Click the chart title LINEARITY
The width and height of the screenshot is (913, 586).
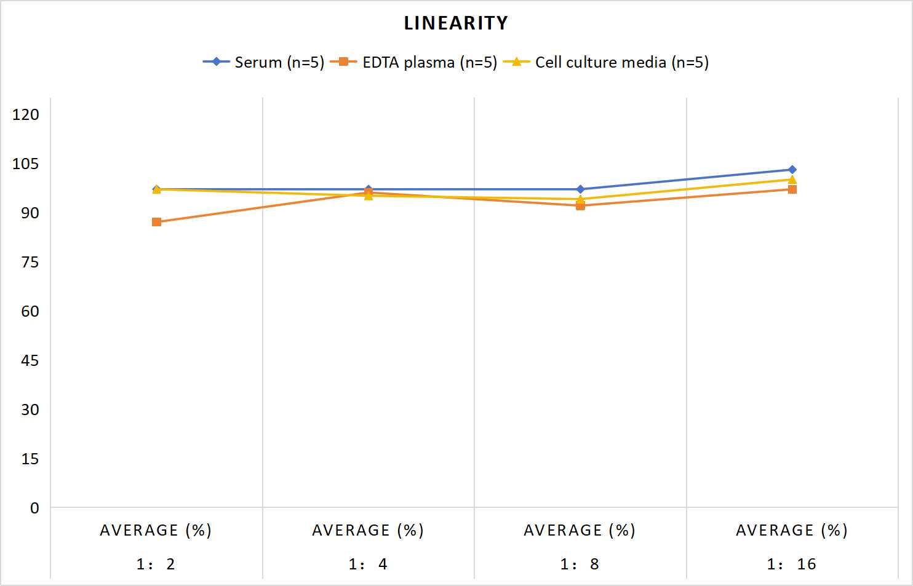[456, 23]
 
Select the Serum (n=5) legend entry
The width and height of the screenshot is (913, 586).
[263, 62]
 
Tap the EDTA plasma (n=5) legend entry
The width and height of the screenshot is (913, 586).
[413, 62]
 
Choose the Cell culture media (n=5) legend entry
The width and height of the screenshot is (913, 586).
[606, 62]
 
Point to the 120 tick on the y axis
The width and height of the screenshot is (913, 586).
[26, 114]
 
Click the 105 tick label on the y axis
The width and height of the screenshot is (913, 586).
[26, 164]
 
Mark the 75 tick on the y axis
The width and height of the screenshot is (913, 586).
[30, 262]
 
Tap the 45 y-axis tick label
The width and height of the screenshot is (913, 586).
[30, 361]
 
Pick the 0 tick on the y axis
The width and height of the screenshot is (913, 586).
[34, 508]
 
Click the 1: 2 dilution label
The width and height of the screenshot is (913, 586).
[156, 564]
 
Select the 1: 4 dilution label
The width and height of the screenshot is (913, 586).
[368, 564]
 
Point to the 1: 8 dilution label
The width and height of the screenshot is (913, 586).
[580, 564]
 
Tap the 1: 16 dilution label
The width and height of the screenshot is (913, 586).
[792, 564]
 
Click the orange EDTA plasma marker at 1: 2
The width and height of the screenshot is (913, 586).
[156, 222]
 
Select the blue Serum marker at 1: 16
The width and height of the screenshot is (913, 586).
[792, 170]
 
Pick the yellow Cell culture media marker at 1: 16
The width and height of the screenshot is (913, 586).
[792, 180]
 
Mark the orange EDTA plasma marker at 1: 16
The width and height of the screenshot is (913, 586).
[792, 189]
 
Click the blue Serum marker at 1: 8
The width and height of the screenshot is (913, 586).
[580, 189]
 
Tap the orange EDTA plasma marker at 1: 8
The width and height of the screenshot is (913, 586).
[580, 206]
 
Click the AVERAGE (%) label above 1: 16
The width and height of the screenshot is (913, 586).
[792, 531]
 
